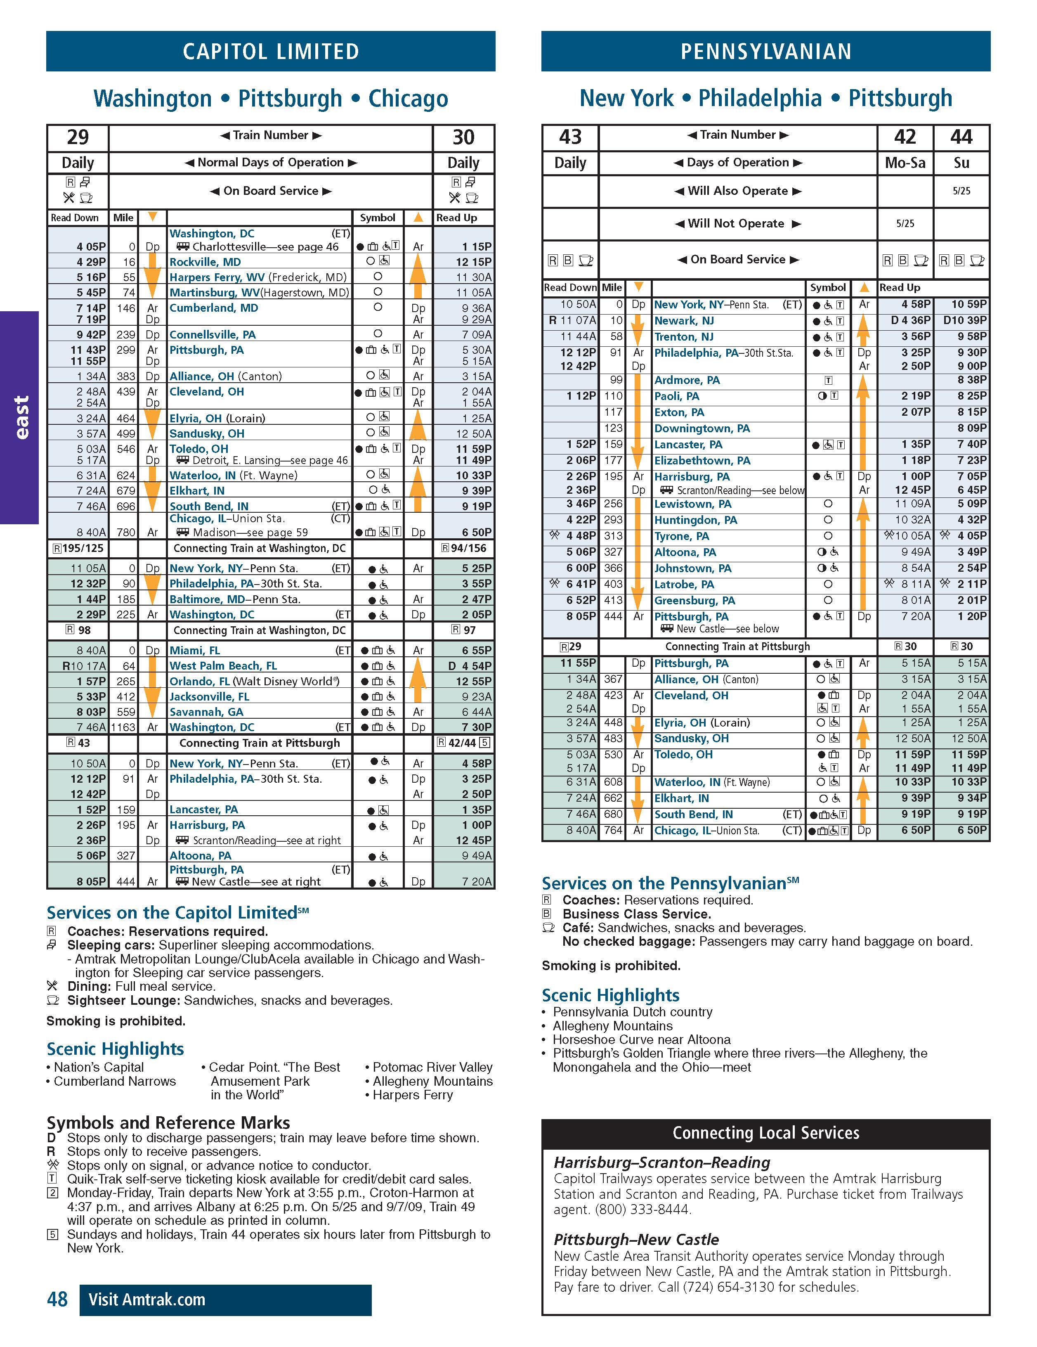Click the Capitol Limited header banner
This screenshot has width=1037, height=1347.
[271, 51]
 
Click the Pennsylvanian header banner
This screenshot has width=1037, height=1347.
[766, 51]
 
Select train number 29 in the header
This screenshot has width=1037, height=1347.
[78, 137]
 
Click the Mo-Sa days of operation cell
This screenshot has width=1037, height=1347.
[905, 163]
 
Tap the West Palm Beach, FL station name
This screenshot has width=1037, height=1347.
[223, 665]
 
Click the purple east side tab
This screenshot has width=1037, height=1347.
[20, 417]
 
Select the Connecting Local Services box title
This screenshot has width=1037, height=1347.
[766, 1132]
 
